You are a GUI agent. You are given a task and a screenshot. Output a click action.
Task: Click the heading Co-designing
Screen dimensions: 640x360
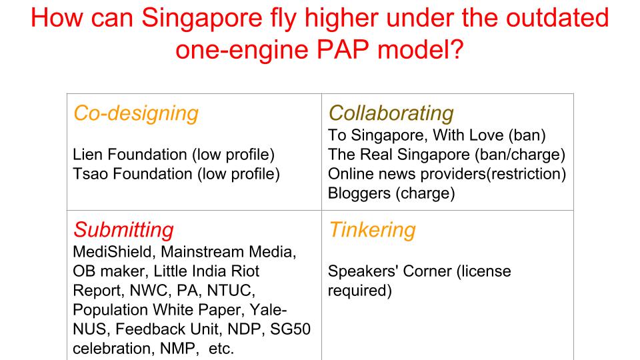pos(136,113)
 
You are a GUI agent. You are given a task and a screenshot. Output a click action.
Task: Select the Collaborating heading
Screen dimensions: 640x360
pos(391,113)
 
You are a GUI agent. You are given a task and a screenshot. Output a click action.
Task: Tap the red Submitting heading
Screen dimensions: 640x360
pos(123,230)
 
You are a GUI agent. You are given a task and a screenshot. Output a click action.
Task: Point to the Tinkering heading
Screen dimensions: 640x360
pos(372,230)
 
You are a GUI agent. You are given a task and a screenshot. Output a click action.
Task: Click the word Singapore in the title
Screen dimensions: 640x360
pos(201,19)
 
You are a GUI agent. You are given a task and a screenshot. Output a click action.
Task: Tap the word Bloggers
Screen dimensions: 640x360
pos(359,193)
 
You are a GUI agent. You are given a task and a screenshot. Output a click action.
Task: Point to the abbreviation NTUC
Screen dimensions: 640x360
pos(231,291)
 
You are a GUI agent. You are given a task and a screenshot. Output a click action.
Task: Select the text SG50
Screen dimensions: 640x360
pos(290,329)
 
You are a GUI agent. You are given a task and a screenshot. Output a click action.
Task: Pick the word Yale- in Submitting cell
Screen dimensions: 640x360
pos(268,310)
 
